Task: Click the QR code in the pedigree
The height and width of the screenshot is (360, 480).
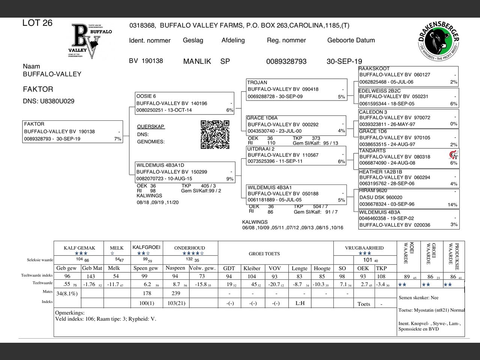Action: pyautogui.click(x=215, y=134)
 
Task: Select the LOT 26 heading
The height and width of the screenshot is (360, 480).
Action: pyautogui.click(x=37, y=23)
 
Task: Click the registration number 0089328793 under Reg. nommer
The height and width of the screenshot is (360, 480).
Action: pyautogui.click(x=286, y=61)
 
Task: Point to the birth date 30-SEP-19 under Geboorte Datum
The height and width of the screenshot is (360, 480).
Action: pyautogui.click(x=344, y=61)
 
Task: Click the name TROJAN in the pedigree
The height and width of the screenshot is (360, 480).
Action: pyautogui.click(x=257, y=82)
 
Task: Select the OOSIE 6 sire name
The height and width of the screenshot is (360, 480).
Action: pyautogui.click(x=146, y=96)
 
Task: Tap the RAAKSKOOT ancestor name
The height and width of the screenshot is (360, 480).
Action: pyautogui.click(x=374, y=69)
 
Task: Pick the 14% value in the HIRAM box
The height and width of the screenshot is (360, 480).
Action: pyautogui.click(x=452, y=205)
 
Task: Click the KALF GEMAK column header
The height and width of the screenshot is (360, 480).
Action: pyautogui.click(x=79, y=248)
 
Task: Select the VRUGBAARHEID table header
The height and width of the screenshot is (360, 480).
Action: pyautogui.click(x=364, y=248)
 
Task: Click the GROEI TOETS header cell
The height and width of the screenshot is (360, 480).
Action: pyautogui.click(x=264, y=253)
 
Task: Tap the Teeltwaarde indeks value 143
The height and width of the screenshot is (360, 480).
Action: pyautogui.click(x=91, y=276)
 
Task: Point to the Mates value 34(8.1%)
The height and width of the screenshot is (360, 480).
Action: pyautogui.click(x=67, y=294)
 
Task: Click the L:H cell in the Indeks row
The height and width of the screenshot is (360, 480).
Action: pyautogui.click(x=300, y=303)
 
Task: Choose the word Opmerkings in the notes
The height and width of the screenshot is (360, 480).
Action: pyautogui.click(x=70, y=313)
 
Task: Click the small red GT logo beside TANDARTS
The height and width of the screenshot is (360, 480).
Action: pyautogui.click(x=453, y=154)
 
